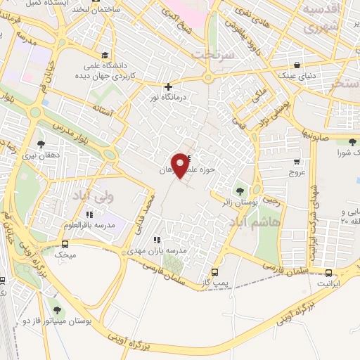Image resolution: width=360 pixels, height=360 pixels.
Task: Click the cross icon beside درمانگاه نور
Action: (x=168, y=87)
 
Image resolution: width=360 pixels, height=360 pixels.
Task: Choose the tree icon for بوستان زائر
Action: (x=240, y=191)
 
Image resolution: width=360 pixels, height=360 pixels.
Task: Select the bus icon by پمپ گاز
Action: (x=214, y=273)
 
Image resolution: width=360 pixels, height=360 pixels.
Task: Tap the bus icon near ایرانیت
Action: (x=328, y=273)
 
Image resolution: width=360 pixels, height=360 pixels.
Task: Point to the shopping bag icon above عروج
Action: (x=296, y=161)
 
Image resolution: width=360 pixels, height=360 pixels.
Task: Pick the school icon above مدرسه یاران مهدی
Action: (x=155, y=240)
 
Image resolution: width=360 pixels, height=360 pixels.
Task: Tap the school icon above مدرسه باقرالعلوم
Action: (x=89, y=214)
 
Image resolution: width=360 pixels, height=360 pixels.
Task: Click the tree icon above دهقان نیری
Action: (x=39, y=145)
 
